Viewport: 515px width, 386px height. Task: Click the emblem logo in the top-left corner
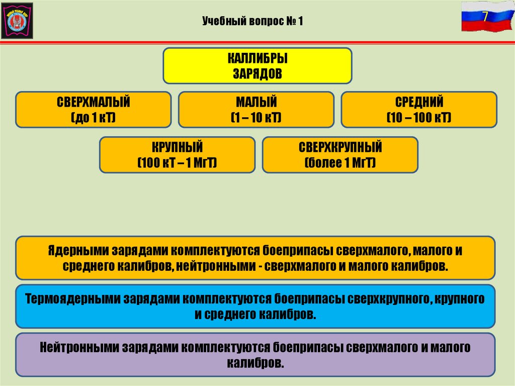(x=17, y=21)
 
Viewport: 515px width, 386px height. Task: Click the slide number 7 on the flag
(x=485, y=15)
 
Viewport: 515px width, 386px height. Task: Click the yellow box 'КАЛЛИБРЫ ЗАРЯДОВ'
(x=257, y=65)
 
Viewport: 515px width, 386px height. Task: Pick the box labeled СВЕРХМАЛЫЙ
(x=94, y=110)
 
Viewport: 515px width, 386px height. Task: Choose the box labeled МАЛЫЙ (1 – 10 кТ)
(x=256, y=110)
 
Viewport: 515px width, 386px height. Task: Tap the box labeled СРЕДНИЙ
(x=419, y=110)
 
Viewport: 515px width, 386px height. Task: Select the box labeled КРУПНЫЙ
(x=177, y=155)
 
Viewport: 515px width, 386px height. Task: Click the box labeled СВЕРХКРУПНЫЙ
(x=340, y=155)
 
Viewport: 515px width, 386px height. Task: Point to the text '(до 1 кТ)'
(x=94, y=118)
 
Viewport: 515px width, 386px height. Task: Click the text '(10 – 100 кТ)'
(x=419, y=118)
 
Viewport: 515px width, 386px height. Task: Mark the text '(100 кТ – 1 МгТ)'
(x=177, y=163)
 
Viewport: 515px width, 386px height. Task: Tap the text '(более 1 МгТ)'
(x=340, y=163)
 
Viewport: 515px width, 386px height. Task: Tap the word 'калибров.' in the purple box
(x=255, y=362)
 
